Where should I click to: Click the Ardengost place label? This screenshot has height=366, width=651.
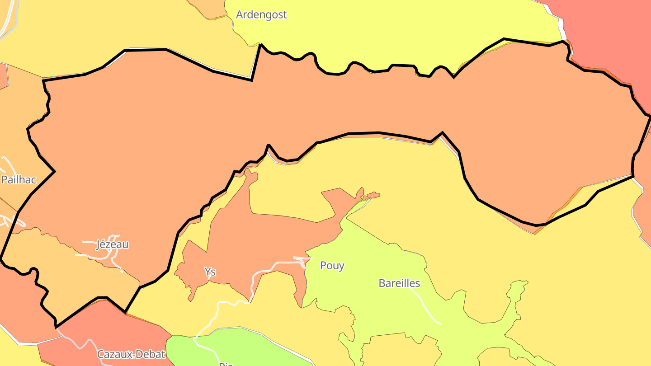(x=261, y=14)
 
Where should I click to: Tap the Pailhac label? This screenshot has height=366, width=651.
(x=19, y=179)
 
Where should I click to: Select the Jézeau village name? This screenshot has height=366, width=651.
(x=112, y=244)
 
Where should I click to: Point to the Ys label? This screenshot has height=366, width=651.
(x=210, y=272)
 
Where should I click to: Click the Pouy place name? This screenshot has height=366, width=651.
(x=332, y=265)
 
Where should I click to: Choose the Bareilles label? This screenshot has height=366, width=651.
(x=399, y=283)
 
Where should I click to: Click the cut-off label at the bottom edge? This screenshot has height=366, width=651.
(x=225, y=364)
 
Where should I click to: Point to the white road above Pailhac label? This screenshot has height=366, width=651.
(x=8, y=163)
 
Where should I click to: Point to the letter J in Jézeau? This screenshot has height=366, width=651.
(x=99, y=245)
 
